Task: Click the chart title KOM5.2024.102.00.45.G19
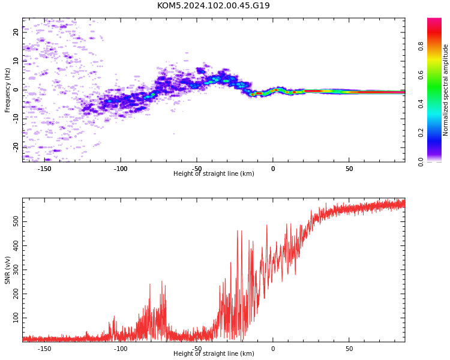214,5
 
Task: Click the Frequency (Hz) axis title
7,90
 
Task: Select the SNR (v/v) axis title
7,270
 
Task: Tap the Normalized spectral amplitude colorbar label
445,90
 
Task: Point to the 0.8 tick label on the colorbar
421,46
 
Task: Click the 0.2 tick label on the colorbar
421,133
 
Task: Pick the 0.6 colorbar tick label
421,75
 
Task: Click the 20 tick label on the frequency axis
16,32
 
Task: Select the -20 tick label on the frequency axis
16,148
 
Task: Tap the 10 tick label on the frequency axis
16,61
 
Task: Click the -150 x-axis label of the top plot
44,169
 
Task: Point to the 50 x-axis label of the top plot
349,169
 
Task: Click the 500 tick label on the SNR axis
16,221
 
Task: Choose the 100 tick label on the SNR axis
16,318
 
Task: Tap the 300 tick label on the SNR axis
16,270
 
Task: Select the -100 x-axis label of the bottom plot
121,349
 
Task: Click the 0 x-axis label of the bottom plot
273,349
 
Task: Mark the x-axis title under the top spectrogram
214,173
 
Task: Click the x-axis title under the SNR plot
214,353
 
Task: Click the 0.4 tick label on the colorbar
421,104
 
